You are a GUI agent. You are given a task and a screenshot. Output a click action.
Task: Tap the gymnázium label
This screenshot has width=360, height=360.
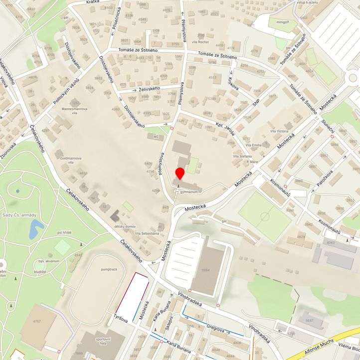(x=190, y=191)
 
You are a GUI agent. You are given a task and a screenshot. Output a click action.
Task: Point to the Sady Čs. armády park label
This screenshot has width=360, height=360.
(x=19, y=215)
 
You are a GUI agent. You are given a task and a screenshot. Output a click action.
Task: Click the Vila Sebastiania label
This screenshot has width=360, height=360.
(x=143, y=233)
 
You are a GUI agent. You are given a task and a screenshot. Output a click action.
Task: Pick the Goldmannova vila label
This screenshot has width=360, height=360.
(x=70, y=160)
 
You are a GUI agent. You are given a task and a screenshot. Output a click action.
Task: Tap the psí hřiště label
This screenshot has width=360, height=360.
(x=67, y=232)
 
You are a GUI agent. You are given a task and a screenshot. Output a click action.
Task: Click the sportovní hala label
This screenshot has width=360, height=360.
(x=103, y=341)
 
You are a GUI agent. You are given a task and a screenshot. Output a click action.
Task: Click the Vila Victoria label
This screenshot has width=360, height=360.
(x=279, y=131)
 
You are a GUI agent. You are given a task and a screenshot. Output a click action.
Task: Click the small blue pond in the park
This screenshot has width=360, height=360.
(x=36, y=229)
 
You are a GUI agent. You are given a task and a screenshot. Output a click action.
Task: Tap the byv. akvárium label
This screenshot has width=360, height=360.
(x=49, y=261)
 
